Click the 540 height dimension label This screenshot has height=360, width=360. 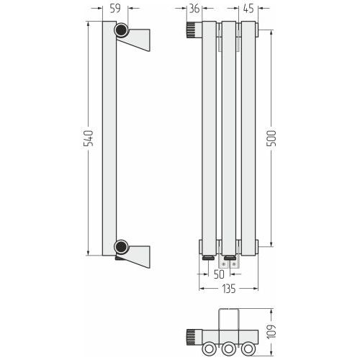pyautogui.click(x=88, y=138)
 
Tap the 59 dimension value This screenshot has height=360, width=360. pyautogui.click(x=115, y=9)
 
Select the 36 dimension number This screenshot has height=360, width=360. pyautogui.click(x=194, y=9)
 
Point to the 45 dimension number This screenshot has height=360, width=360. pyautogui.click(x=248, y=9)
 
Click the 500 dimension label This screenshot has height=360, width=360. pyautogui.click(x=272, y=138)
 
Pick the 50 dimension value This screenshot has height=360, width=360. pyautogui.click(x=219, y=274)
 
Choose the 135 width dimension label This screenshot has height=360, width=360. pyautogui.click(x=229, y=289)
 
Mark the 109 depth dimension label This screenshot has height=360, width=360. pyautogui.click(x=272, y=332)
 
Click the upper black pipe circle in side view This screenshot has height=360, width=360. pyautogui.click(x=121, y=30)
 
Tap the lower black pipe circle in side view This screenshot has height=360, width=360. pyautogui.click(x=121, y=247)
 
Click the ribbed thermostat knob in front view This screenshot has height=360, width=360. pyautogui.click(x=192, y=30)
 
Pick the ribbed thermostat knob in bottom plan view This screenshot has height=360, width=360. pyautogui.click(x=192, y=337)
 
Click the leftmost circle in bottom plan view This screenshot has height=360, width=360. pyautogui.click(x=209, y=348)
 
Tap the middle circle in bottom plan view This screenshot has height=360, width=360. pyautogui.click(x=228, y=348)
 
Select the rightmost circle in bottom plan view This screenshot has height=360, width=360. pyautogui.click(x=248, y=348)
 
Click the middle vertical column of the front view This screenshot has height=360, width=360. pyautogui.click(x=229, y=138)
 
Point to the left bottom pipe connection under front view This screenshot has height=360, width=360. pyautogui.click(x=209, y=258)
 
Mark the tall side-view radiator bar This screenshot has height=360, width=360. pyautogui.click(x=109, y=138)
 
